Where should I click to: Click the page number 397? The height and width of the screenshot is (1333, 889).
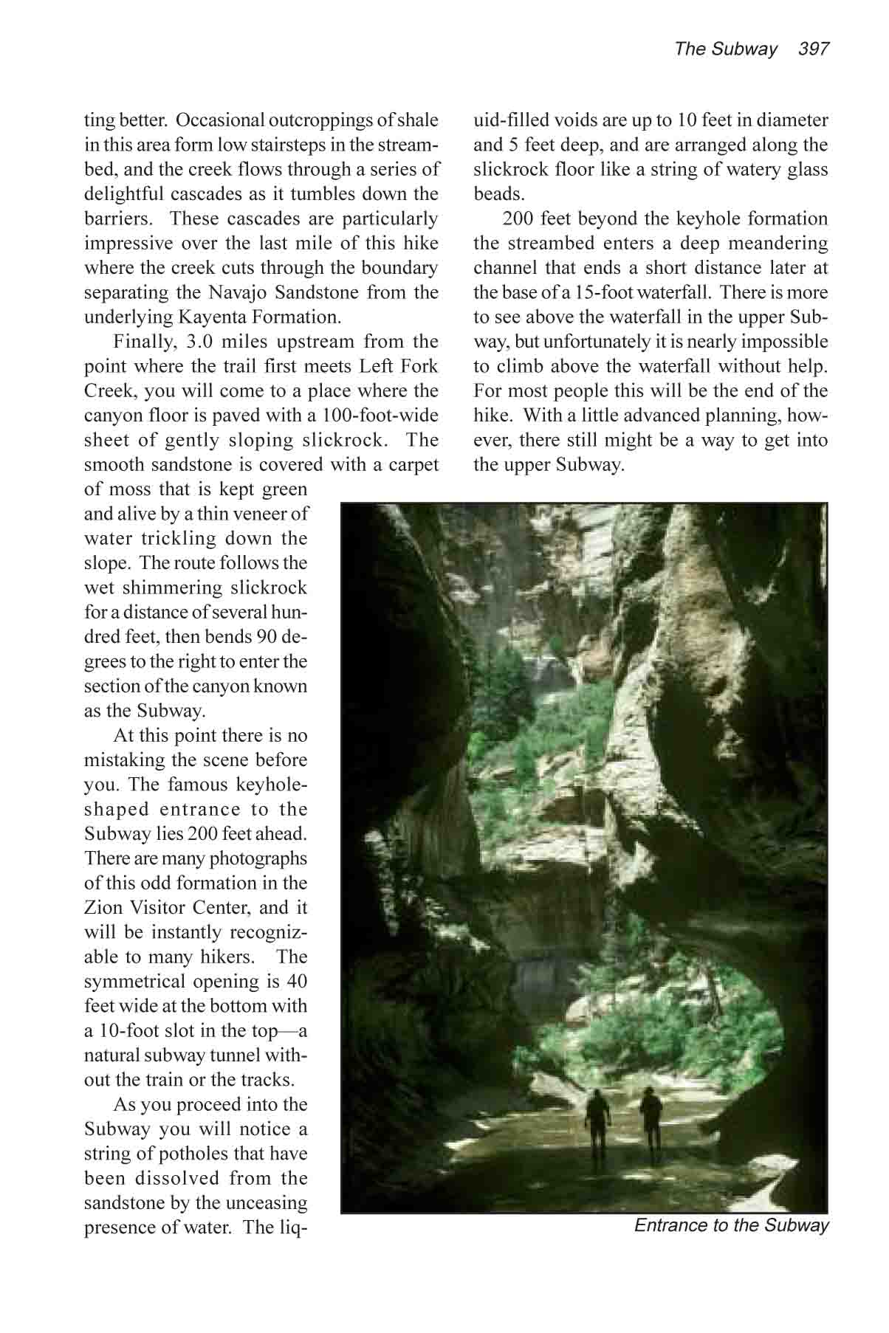click(814, 49)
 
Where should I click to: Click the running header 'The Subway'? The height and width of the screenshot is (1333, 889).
click(725, 49)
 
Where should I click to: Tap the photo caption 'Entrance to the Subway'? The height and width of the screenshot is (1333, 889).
click(731, 1225)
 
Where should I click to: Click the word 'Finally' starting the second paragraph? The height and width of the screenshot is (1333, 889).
click(142, 342)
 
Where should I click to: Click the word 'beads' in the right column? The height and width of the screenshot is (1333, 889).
click(498, 194)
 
